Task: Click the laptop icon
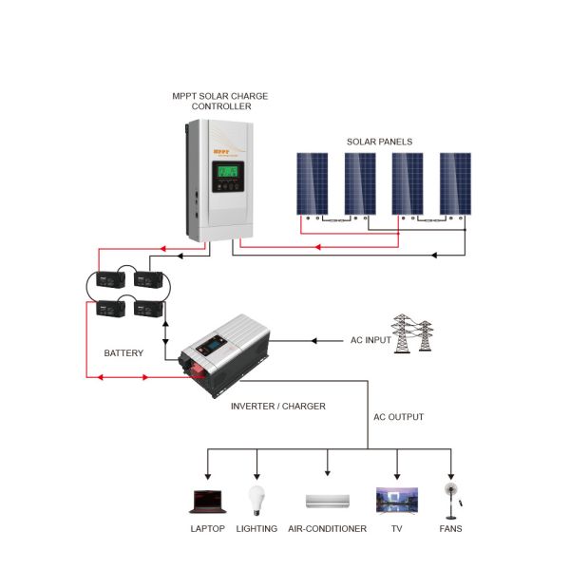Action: [x=207, y=500]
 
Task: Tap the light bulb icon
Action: [x=256, y=499]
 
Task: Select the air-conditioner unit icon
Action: [x=327, y=501]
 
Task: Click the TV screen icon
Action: [x=396, y=500]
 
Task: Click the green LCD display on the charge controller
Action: [x=229, y=177]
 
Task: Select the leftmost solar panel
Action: [x=312, y=183]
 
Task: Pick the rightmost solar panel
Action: [x=455, y=183]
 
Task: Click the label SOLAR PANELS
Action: [x=379, y=142]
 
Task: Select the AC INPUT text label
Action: [x=371, y=340]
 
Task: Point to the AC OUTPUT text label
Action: [x=397, y=417]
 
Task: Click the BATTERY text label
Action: [x=123, y=353]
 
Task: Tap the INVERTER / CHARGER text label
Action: [x=278, y=406]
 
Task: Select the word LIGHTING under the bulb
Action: [x=256, y=528]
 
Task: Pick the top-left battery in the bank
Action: [x=112, y=280]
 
